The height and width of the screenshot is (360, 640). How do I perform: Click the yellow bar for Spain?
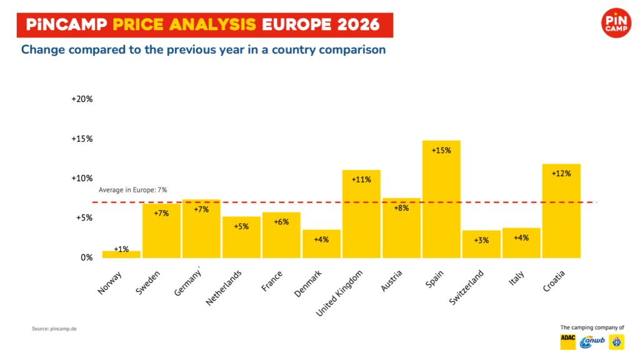click(441, 199)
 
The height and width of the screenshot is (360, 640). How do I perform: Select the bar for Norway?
click(121, 254)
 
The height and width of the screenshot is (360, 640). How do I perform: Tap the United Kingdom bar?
click(361, 214)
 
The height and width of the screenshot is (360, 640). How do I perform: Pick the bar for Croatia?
click(561, 211)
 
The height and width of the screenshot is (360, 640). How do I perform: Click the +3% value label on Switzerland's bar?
click(481, 241)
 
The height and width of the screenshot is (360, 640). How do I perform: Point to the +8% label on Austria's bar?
click(401, 208)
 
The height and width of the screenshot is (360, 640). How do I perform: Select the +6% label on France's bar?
click(281, 222)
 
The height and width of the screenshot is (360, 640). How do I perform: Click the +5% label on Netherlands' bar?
click(241, 226)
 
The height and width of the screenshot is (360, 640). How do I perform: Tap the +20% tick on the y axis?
click(82, 99)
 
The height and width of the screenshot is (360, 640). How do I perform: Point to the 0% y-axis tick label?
click(86, 257)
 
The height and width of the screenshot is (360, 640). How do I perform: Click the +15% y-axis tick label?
click(82, 139)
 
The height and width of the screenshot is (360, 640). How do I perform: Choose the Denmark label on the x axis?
click(307, 283)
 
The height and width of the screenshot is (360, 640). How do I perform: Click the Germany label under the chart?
click(187, 282)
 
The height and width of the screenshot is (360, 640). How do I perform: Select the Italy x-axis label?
click(516, 278)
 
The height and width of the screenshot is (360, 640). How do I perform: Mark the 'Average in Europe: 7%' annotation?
click(132, 190)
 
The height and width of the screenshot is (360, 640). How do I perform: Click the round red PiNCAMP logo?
click(616, 23)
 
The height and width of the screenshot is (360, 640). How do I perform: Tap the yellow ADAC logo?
click(567, 342)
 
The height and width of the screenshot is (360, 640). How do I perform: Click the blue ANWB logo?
click(592, 342)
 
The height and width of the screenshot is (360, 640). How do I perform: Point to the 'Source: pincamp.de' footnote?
click(54, 329)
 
